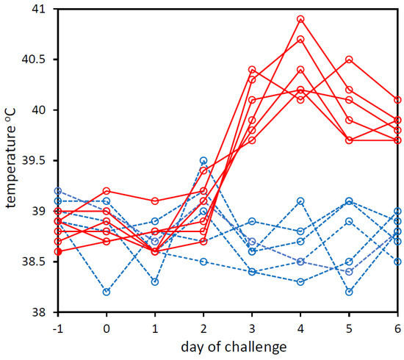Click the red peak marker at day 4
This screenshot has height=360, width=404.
point(300,19)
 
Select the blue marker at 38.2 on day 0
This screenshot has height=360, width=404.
point(107,292)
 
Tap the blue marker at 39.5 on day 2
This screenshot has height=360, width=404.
point(203,160)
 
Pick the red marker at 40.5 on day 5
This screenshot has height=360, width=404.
point(349,60)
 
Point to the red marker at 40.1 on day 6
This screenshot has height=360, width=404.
point(397,100)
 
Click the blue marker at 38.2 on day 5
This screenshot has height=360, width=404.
point(349,292)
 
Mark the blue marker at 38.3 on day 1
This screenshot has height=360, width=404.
point(155,281)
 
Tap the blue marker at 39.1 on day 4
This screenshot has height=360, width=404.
point(300,201)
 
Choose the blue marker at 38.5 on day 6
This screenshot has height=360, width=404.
point(397,262)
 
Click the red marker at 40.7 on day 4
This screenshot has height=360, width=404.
point(300,39)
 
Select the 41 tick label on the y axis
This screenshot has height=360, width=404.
point(37,9)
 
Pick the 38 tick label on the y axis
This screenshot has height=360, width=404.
point(37,312)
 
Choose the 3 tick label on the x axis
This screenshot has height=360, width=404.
point(252,326)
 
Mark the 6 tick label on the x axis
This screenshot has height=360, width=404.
point(397,326)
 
